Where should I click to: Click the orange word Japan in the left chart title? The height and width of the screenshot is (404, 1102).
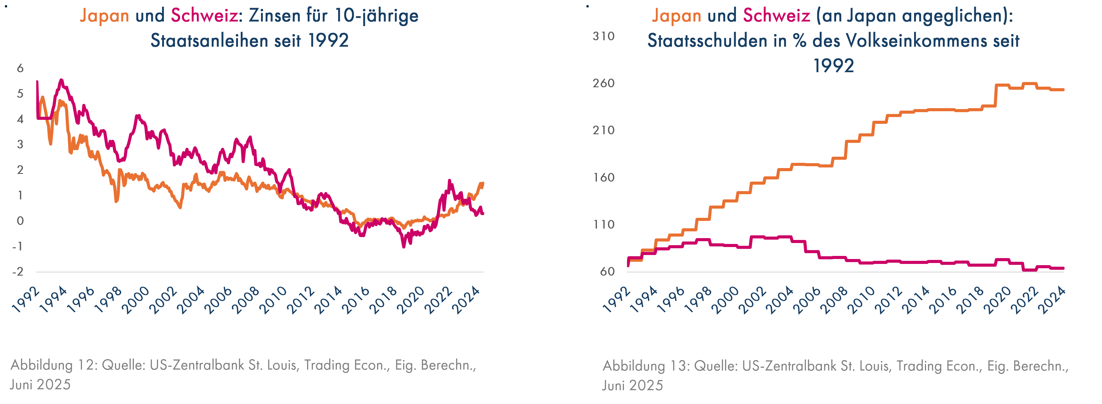[104, 16]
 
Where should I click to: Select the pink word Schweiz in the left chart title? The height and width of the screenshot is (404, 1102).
[204, 16]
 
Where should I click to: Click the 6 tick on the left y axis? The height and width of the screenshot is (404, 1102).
[20, 68]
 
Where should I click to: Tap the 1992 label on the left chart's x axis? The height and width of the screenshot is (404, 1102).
[26, 300]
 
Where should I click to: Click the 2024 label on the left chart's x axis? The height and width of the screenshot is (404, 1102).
[466, 300]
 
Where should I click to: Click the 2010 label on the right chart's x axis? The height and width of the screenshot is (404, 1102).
[861, 300]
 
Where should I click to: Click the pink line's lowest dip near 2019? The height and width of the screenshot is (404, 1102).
[403, 246]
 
